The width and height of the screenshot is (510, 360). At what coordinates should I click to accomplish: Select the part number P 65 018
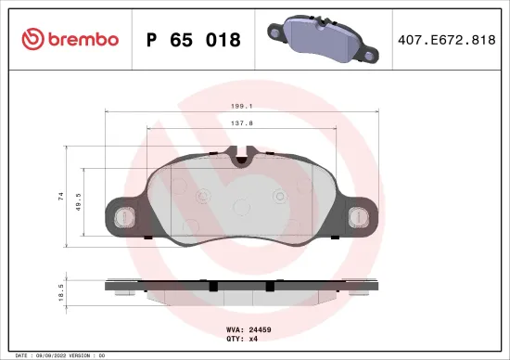(x=194, y=40)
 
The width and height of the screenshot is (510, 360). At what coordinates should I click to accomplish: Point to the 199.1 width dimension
(x=243, y=107)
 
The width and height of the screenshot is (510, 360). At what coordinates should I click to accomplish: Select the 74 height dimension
(x=61, y=196)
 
